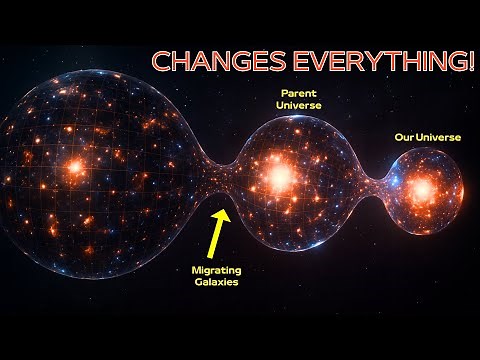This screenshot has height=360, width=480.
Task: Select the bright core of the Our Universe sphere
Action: point(421,188)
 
